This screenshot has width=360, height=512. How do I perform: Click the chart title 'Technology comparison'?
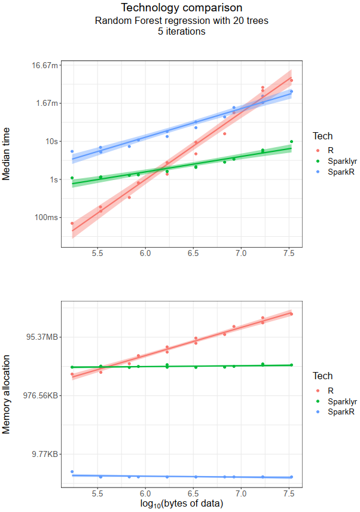coord(181,8)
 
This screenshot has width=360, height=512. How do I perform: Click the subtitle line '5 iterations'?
coord(181,32)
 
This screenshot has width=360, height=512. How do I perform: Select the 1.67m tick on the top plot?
coord(47,103)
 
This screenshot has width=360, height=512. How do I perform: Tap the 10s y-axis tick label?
coord(52,141)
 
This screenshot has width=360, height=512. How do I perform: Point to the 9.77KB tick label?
coord(44,455)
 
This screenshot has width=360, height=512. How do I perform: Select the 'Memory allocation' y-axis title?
coord(7,394)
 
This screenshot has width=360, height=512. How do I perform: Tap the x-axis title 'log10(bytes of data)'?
coord(181,504)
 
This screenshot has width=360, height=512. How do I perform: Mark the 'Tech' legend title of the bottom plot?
coord(323,376)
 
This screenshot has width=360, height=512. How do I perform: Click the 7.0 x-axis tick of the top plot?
coord(240,254)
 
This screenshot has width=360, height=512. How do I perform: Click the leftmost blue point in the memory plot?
coord(72,472)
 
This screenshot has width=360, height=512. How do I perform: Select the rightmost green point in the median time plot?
coord(291,142)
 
